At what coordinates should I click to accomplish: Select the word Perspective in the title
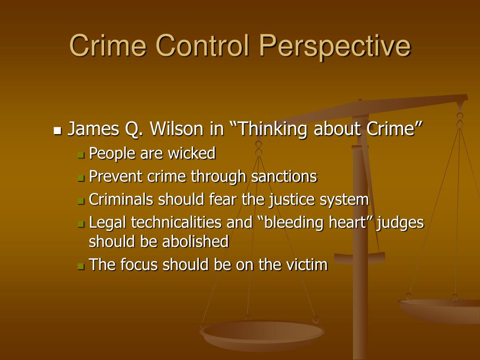(336, 46)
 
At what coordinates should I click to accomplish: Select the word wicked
(194, 153)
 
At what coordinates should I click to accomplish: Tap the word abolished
(195, 241)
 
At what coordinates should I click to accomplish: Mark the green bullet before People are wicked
(81, 154)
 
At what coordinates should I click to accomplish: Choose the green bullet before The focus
(81, 266)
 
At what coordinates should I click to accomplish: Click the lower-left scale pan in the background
(261, 333)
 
